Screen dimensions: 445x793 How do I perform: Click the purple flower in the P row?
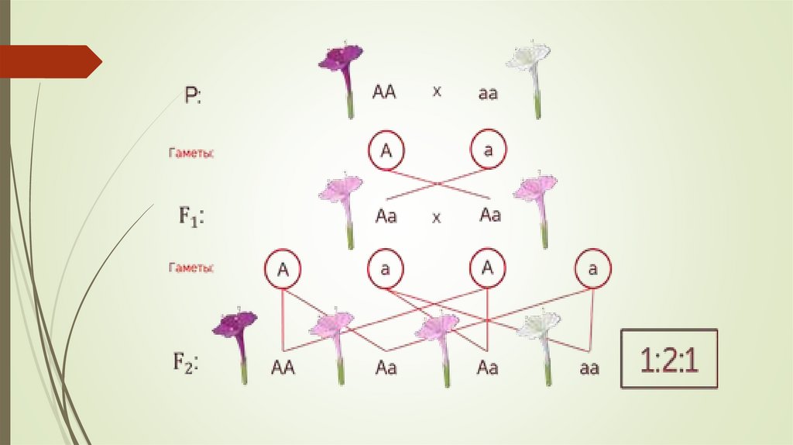pos(343,74)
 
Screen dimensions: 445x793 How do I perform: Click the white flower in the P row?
pos(530,74)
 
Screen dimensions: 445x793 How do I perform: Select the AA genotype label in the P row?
pos(384,93)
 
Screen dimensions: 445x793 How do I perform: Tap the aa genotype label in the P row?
pos(488,94)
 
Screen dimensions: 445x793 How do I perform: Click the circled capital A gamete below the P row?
pos(386,150)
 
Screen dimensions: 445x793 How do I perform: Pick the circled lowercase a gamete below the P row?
pos(488,150)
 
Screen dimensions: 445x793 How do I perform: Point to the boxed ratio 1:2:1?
pos(669,359)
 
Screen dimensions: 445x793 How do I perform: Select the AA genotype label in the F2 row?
pos(283,368)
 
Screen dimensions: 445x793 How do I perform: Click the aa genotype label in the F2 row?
pos(589,368)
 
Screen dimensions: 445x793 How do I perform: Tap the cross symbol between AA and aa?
pos(437,91)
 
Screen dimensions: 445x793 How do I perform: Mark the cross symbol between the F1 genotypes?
pos(436,218)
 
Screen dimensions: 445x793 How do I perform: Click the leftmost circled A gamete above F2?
pos(283,269)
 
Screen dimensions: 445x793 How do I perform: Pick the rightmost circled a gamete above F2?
pos(592,269)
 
